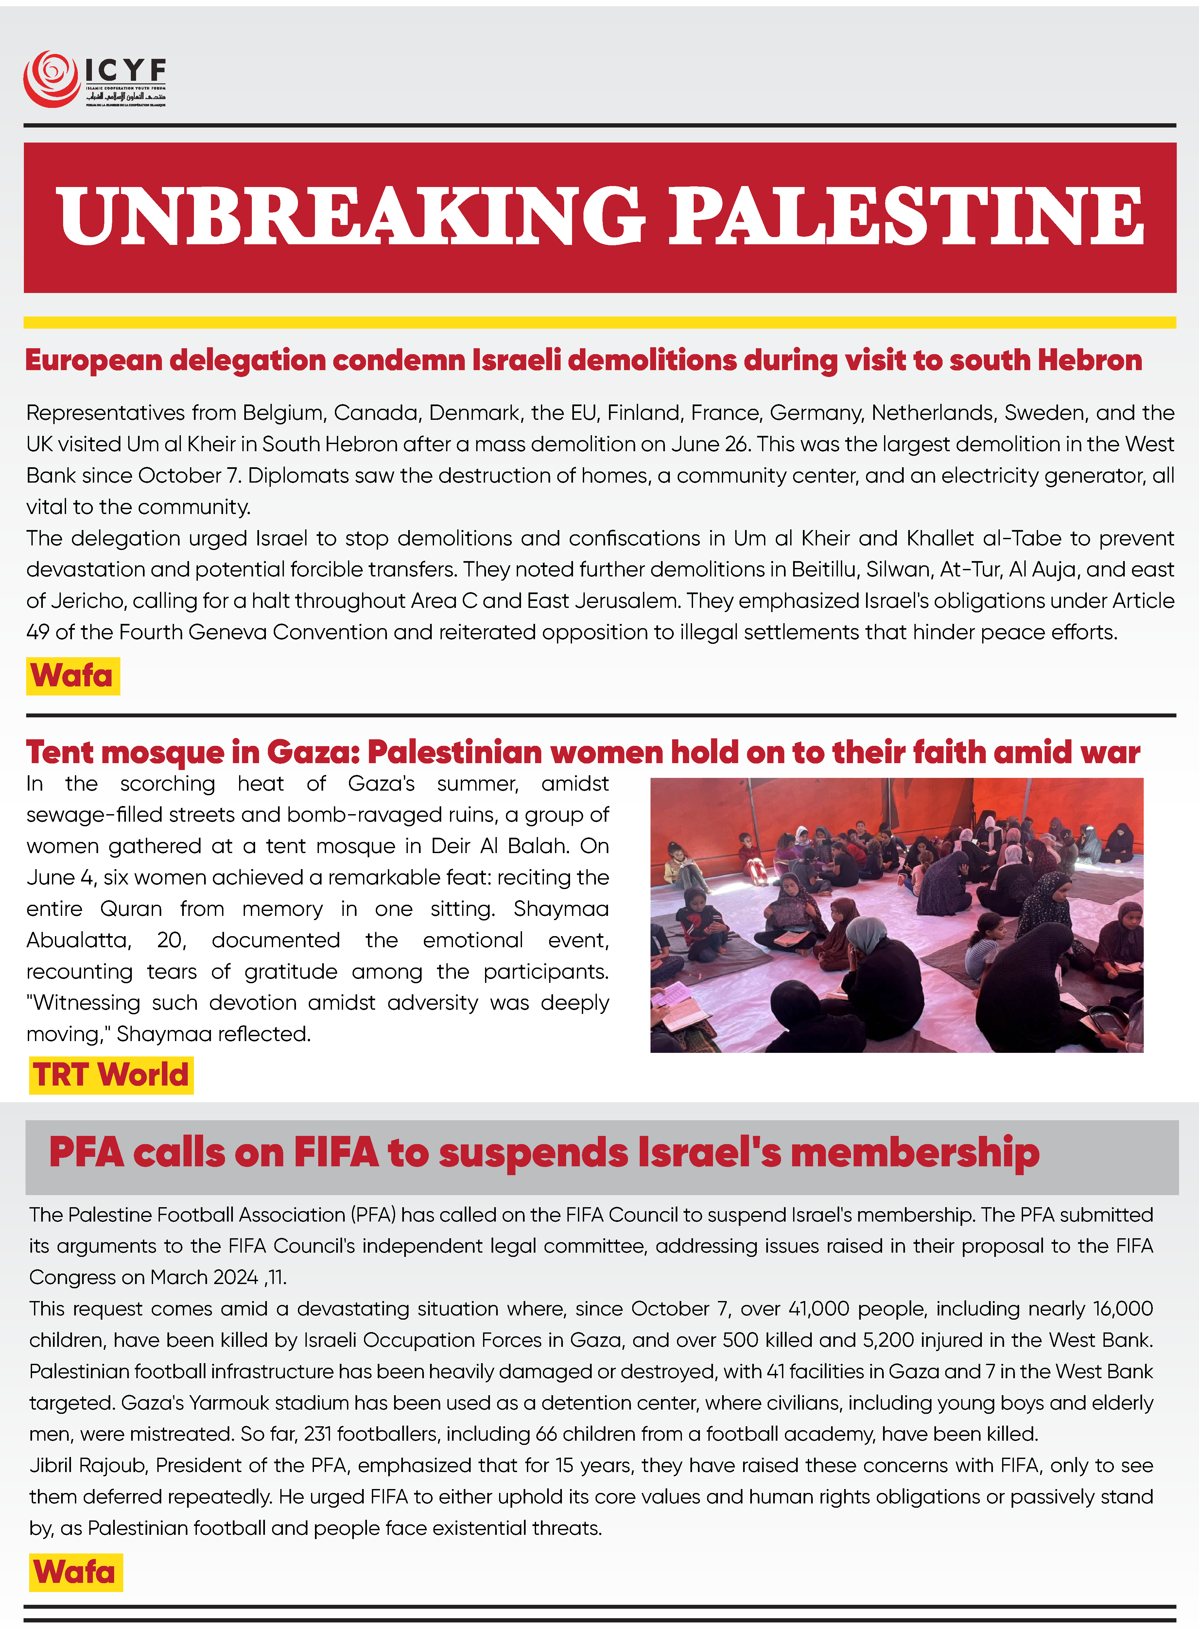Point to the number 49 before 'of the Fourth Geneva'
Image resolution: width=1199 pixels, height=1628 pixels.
(x=38, y=632)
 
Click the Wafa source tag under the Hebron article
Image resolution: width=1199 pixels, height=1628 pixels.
(x=73, y=676)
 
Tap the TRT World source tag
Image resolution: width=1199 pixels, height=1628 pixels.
(x=111, y=1074)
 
